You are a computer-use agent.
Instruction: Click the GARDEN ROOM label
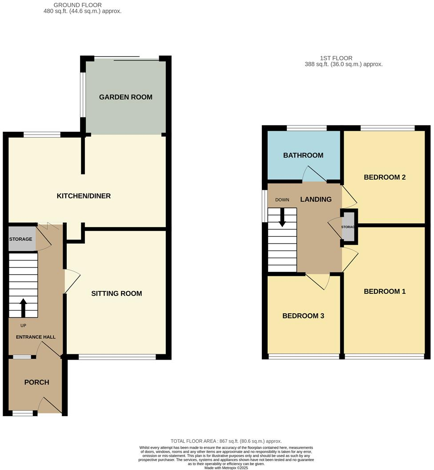pyautogui.click(x=125, y=97)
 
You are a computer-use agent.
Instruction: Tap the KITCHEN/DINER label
pyautogui.click(x=84, y=196)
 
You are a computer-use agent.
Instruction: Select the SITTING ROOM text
pyautogui.click(x=117, y=293)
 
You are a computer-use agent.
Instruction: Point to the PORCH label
pyautogui.click(x=36, y=382)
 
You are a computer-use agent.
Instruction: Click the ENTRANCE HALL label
pyautogui.click(x=36, y=337)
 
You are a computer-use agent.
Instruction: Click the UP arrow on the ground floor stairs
pyautogui.click(x=23, y=307)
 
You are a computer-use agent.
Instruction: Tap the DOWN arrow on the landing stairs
pyautogui.click(x=282, y=218)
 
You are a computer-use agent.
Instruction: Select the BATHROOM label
pyautogui.click(x=303, y=155)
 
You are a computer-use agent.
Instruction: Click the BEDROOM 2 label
pyautogui.click(x=385, y=177)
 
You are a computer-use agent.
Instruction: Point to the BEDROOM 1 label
pyautogui.click(x=385, y=292)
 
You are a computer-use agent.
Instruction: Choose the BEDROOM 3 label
pyautogui.click(x=303, y=316)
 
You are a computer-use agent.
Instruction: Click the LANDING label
pyautogui.click(x=316, y=199)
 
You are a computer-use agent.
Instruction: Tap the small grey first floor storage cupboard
pyautogui.click(x=349, y=227)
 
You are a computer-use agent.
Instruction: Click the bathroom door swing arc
pyautogui.click(x=314, y=174)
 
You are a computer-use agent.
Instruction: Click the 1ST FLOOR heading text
pyautogui.click(x=336, y=58)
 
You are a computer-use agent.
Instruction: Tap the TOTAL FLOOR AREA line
pyautogui.click(x=226, y=441)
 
